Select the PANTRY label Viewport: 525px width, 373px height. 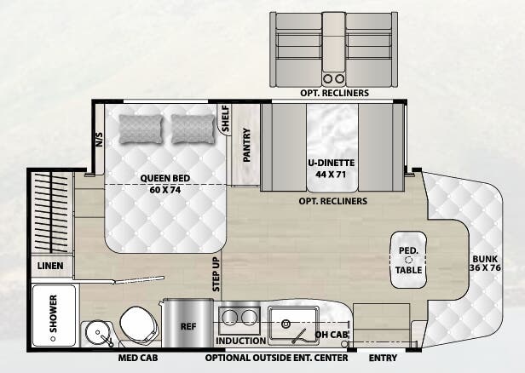point(246,144)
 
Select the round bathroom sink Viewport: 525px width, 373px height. point(95,331)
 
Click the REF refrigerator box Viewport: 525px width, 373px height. point(188,325)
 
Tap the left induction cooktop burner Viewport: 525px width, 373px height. point(228,318)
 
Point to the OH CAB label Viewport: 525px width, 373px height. point(332,335)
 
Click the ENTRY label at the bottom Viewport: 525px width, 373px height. point(383,359)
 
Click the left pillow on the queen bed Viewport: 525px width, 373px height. point(141,129)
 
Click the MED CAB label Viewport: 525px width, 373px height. point(136,359)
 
